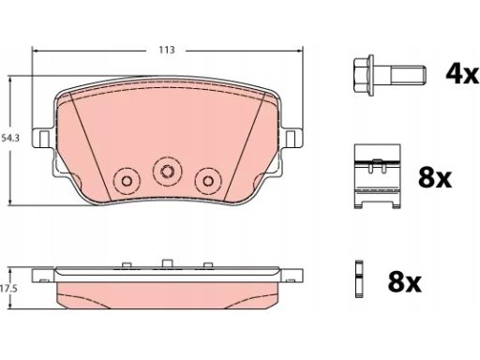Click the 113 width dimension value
167,50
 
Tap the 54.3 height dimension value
10,138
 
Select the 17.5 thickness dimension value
8,289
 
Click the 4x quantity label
462,74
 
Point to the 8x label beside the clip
435,178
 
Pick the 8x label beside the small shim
405,282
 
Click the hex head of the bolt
364,75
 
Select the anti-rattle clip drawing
377,176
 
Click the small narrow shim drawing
359,278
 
